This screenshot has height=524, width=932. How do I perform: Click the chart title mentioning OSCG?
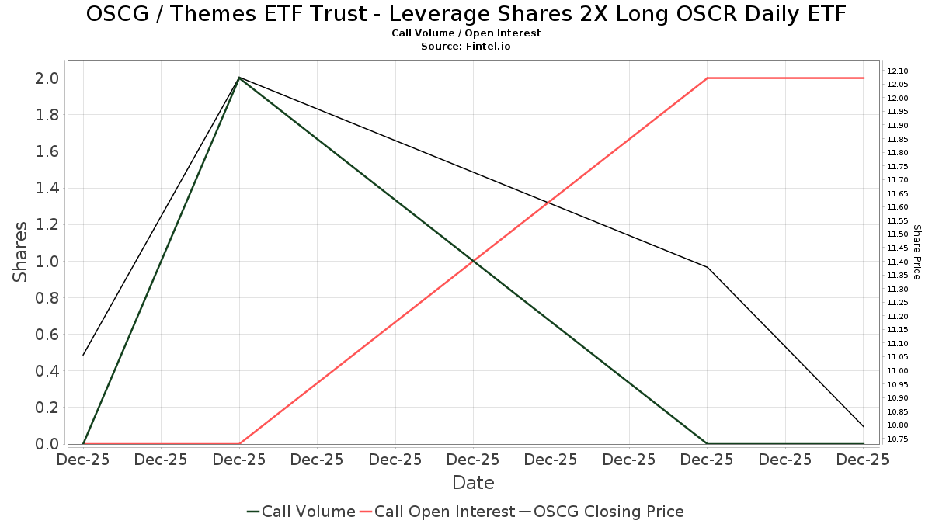click(466, 14)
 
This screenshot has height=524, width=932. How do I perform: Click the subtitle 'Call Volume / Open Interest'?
click(466, 33)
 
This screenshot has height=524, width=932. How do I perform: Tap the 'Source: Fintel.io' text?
click(466, 47)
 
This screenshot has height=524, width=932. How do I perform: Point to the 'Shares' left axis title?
click(20, 252)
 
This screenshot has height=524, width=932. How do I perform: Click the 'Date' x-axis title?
click(473, 483)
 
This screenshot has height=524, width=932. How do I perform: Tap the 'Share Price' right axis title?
click(916, 252)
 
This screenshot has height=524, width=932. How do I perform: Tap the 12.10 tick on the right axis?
click(898, 71)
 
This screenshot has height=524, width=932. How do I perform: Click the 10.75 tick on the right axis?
click(898, 439)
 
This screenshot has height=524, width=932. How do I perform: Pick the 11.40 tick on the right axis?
click(898, 262)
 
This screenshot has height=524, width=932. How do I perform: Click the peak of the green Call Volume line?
click(239, 78)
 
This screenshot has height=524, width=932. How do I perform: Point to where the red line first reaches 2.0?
click(707, 78)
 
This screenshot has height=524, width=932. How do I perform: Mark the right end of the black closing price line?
click(863, 426)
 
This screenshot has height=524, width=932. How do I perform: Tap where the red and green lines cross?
click(473, 261)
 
